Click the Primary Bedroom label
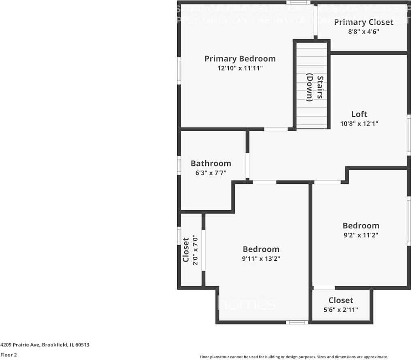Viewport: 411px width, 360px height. pos(240,59)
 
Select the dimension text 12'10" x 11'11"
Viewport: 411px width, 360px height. pos(240,68)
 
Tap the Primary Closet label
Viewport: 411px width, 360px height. pos(363,22)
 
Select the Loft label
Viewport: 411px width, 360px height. pos(359,114)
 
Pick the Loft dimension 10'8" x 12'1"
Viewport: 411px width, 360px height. pos(359,124)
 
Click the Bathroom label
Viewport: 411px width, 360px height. pos(211,164)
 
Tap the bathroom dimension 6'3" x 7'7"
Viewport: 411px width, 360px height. pos(211,173)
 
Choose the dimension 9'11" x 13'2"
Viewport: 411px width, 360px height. pos(261,258)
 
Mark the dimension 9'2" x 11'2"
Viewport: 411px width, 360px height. pos(360,235)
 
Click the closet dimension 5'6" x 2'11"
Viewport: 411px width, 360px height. pos(341,309)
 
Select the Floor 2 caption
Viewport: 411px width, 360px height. pos(9,355)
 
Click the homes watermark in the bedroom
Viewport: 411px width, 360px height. pos(247,304)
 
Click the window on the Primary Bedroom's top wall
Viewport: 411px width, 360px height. pos(298,2)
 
